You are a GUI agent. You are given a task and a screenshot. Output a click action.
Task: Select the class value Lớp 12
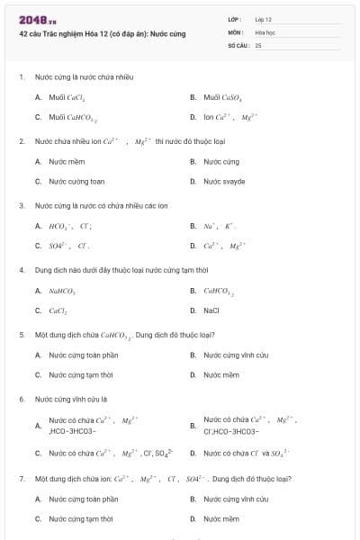264,19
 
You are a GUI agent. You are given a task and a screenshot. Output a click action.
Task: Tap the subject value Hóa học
265,31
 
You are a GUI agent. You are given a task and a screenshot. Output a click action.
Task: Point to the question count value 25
258,44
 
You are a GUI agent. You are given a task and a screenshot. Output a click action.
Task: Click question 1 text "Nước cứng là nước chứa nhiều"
84,76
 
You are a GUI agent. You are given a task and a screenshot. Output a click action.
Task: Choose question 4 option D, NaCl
211,310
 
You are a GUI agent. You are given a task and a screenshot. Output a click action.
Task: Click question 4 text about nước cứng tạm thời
121,269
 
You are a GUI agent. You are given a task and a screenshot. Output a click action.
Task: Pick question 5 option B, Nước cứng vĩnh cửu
235,355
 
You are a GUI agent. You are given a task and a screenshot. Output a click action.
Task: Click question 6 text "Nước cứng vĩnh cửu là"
71,398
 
